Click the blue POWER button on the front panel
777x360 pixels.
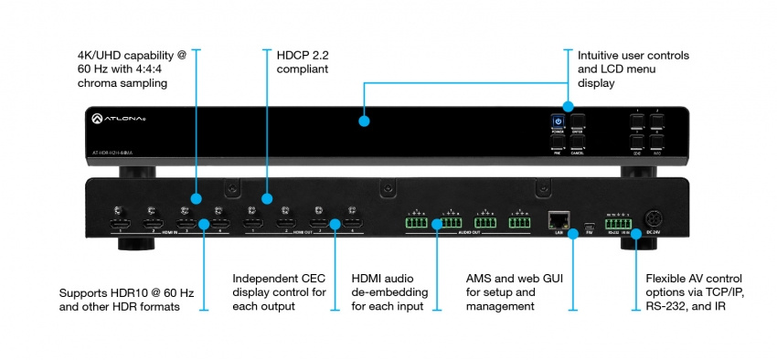(557, 121)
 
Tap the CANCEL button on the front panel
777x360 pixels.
(577, 143)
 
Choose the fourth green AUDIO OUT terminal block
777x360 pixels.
(519, 221)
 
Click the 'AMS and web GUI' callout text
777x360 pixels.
(500, 279)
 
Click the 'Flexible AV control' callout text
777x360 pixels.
(691, 279)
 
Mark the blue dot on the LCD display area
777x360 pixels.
(364, 121)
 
